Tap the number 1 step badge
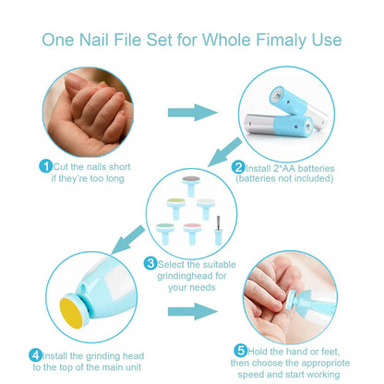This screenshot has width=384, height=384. [x=46, y=166]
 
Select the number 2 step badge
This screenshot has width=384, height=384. [x=238, y=167]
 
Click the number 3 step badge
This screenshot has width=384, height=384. [x=150, y=263]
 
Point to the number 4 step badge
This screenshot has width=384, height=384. [x=35, y=355]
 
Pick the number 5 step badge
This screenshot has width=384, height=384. [x=241, y=351]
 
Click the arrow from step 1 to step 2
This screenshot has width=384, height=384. [x=193, y=113]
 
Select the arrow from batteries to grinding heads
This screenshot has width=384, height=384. [x=224, y=152]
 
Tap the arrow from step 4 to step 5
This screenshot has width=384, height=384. [x=193, y=312]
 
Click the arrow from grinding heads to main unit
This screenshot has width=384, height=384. [x=127, y=240]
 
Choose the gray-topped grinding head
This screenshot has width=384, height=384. [x=191, y=186]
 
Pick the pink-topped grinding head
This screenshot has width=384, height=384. [x=192, y=234]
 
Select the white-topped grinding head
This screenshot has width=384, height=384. [x=206, y=209]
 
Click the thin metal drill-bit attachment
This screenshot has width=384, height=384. [x=218, y=231]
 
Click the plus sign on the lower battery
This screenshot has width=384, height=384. [x=295, y=126]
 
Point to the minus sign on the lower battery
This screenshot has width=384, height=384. [x=250, y=124]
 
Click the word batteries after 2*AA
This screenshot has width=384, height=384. [x=316, y=168]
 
